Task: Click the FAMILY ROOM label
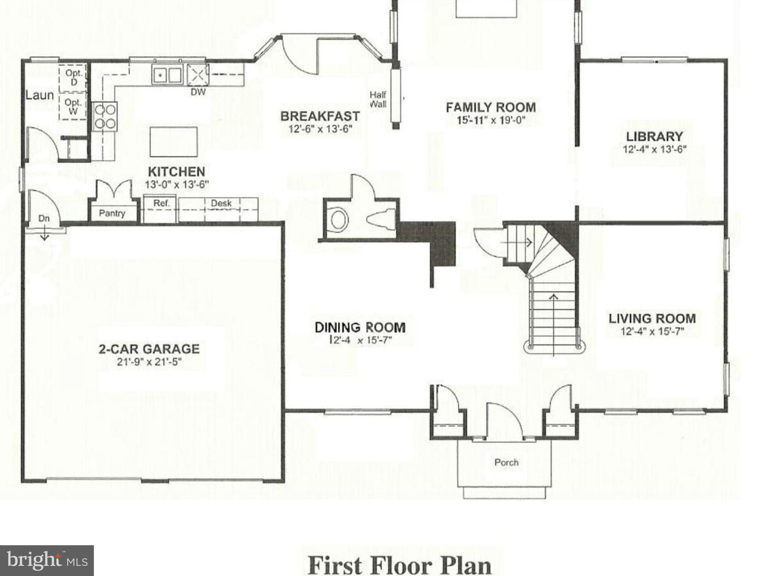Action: click(491, 108)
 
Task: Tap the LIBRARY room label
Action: click(654, 136)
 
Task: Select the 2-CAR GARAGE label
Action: click(149, 349)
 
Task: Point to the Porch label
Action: click(506, 462)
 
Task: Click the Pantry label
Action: click(112, 213)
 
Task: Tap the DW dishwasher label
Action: click(198, 91)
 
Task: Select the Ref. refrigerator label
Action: click(161, 204)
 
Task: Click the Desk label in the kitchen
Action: click(221, 204)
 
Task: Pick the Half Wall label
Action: click(378, 99)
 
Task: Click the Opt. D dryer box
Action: click(73, 78)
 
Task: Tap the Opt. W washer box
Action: click(73, 106)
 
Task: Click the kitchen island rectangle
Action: click(173, 142)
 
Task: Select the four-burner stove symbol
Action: click(105, 116)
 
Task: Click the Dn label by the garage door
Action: click(44, 218)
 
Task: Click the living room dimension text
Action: click(652, 331)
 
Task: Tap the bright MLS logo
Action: click(47, 560)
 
